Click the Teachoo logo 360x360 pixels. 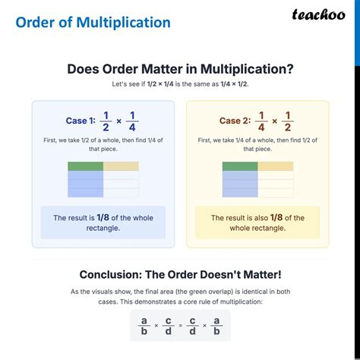(x=320, y=16)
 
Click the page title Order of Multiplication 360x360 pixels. (x=93, y=22)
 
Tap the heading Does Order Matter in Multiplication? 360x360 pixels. (x=180, y=69)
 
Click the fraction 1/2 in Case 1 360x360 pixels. (x=107, y=120)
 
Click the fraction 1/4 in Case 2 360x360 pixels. (x=261, y=120)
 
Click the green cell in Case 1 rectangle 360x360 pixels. (x=85, y=166)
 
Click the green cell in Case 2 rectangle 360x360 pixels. (x=239, y=166)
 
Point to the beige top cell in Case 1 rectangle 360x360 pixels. (x=121, y=166)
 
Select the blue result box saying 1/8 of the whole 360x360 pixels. (x=103, y=223)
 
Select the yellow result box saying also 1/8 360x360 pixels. (x=257, y=223)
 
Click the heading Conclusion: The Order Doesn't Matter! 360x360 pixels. (x=180, y=274)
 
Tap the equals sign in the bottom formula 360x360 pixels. (x=179, y=325)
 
